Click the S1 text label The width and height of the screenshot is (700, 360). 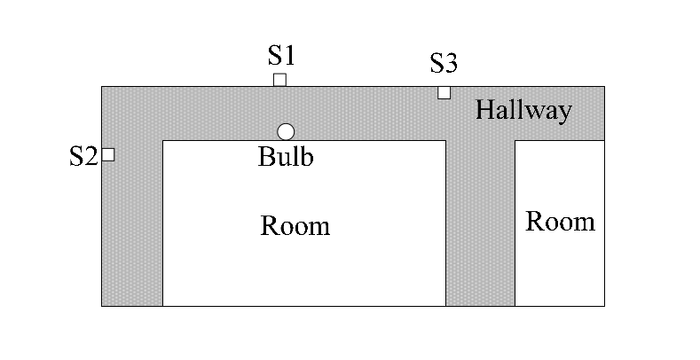(282, 56)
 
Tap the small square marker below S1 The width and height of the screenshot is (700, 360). (279, 80)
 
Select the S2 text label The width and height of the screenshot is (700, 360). (83, 157)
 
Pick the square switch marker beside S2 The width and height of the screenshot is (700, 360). (108, 155)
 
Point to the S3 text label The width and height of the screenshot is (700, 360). (444, 63)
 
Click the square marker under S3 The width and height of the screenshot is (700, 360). (444, 93)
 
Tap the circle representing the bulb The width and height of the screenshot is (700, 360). (286, 132)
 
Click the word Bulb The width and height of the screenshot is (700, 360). (286, 157)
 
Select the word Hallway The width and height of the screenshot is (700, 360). (523, 111)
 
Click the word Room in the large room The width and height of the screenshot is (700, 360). (295, 226)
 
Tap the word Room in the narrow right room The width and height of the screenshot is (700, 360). (561, 222)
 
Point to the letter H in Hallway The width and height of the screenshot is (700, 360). (484, 110)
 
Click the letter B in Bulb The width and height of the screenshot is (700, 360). (265, 157)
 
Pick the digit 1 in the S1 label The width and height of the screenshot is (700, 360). (290, 56)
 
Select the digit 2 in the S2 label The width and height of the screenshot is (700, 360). (91, 157)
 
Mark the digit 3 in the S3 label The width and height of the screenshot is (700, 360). (452, 63)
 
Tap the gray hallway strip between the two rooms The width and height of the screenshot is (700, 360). (480, 223)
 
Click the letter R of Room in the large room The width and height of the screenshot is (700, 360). (268, 226)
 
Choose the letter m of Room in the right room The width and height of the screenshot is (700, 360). (586, 224)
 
